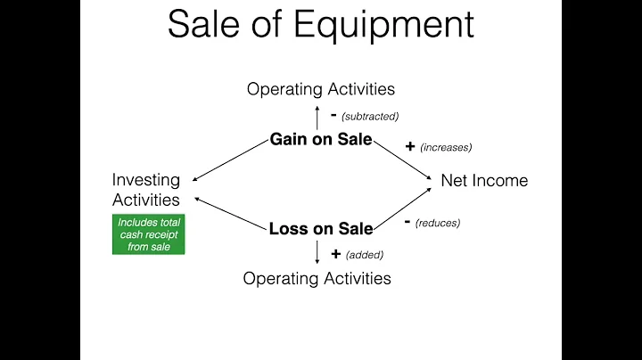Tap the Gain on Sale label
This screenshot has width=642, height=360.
(321, 140)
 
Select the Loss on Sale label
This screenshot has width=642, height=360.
(321, 229)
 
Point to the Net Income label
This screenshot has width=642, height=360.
(484, 180)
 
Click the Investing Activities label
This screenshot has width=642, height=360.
(146, 190)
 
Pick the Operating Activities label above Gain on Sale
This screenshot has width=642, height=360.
(321, 88)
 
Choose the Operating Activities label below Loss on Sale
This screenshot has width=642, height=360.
(317, 278)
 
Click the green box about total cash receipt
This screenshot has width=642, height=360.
(148, 234)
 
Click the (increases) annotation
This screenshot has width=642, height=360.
(447, 147)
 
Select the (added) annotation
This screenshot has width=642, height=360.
(365, 255)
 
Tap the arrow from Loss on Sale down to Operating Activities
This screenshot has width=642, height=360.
(317, 253)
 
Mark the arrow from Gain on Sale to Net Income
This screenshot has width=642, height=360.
(402, 161)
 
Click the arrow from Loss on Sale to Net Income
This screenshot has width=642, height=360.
(401, 209)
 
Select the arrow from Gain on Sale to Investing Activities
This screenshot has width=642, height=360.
(231, 159)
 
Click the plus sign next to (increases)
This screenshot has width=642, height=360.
(410, 146)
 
